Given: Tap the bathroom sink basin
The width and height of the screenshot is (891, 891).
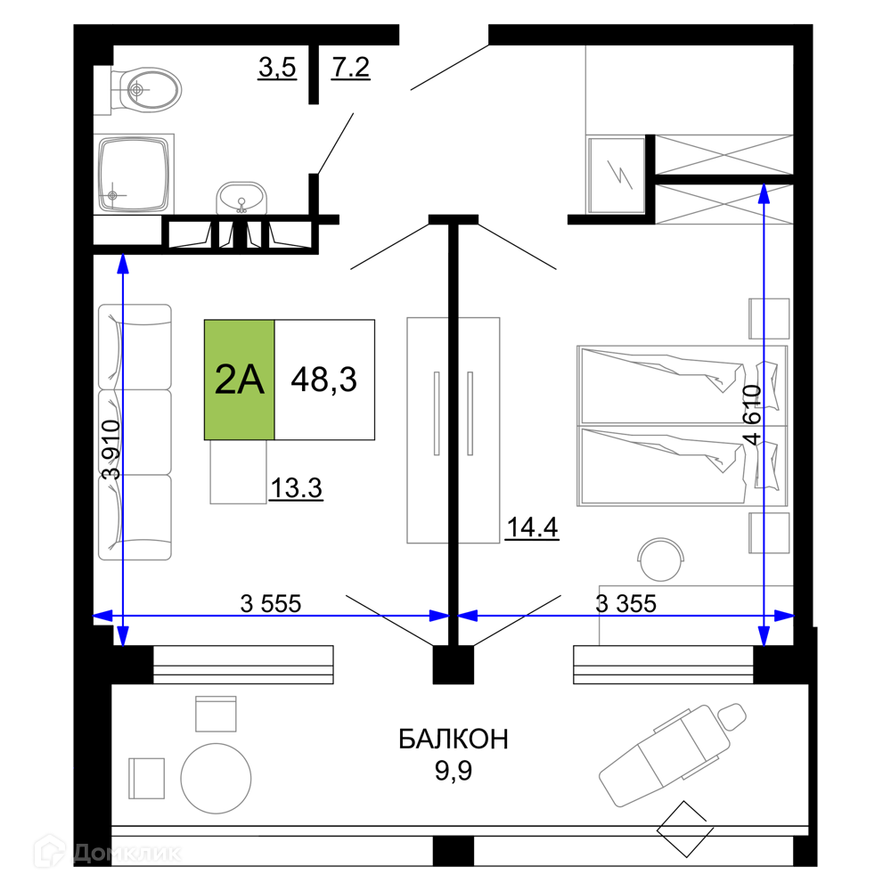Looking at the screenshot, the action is coord(241,198).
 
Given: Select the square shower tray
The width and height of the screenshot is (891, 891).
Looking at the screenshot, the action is coord(135,174).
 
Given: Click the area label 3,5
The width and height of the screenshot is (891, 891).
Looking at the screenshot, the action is coord(277,68).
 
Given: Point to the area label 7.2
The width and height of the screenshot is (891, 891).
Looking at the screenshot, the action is coord(350,68).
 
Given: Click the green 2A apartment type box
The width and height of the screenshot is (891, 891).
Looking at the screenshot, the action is coord(239,380).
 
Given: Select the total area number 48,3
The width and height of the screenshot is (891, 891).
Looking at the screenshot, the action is coord(324,380).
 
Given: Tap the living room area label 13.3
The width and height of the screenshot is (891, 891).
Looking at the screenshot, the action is coord(296,488).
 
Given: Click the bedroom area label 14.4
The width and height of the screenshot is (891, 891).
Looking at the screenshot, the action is coord(533,527).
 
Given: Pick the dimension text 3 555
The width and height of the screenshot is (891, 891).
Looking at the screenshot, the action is coord(271,603).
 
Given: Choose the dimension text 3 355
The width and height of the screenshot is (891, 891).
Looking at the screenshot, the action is coord(625,603).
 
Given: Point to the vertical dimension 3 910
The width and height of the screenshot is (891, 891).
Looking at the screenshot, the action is coord(110,449).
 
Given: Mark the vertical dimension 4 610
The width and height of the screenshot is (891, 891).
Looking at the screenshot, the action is coord(751,415).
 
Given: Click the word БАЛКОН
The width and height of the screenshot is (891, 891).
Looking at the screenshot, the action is coord(454,740).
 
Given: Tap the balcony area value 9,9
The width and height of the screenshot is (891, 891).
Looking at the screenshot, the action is coord(454,771).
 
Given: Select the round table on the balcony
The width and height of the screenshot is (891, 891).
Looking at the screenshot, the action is coord(216,779).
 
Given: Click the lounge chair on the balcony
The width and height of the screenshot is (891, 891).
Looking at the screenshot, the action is coord(673,755).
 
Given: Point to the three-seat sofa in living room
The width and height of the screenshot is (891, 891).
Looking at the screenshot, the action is coord(135,432).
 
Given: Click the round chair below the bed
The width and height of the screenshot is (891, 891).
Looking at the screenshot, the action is coord(661,560).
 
